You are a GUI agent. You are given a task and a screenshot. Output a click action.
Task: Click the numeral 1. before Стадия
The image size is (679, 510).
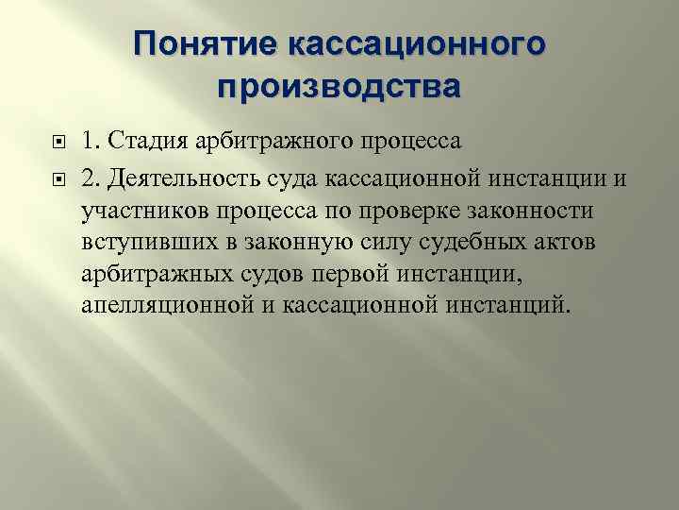click(x=90, y=143)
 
